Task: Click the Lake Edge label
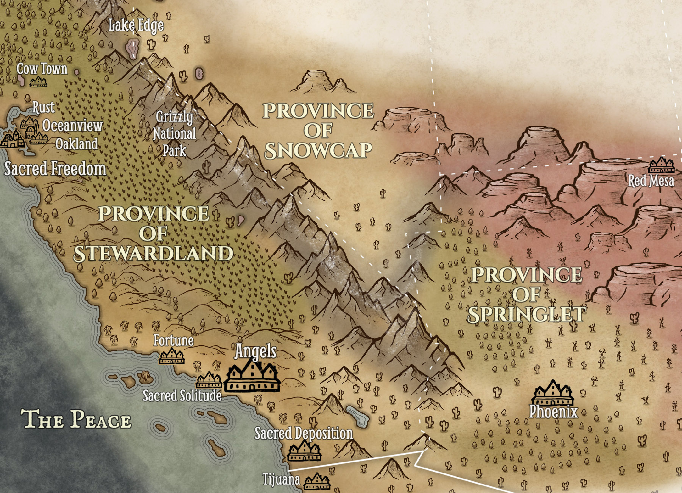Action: point(136,25)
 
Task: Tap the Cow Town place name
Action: point(42,69)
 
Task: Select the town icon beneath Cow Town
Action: point(39,81)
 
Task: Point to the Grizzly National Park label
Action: point(175,133)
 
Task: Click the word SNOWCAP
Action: point(318,151)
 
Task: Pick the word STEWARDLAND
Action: point(153,254)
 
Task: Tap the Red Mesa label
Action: point(651,181)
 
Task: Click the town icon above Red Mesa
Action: point(661,165)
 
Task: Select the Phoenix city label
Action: point(553,412)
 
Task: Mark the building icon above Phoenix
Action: point(553,393)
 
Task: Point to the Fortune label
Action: point(174,340)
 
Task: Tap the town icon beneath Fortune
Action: point(172,356)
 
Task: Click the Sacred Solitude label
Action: point(182,396)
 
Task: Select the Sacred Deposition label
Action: point(303,433)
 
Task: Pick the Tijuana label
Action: point(281,479)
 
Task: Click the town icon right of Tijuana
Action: point(317,482)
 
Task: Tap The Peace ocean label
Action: point(76,419)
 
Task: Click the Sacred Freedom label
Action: point(55,169)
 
